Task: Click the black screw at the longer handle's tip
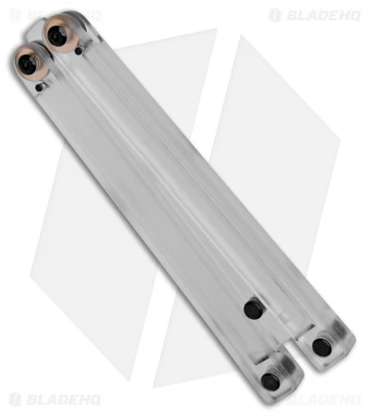point(320,346)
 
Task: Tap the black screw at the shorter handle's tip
point(271,380)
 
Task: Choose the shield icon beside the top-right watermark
point(274,16)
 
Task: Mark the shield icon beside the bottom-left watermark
point(16,399)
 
